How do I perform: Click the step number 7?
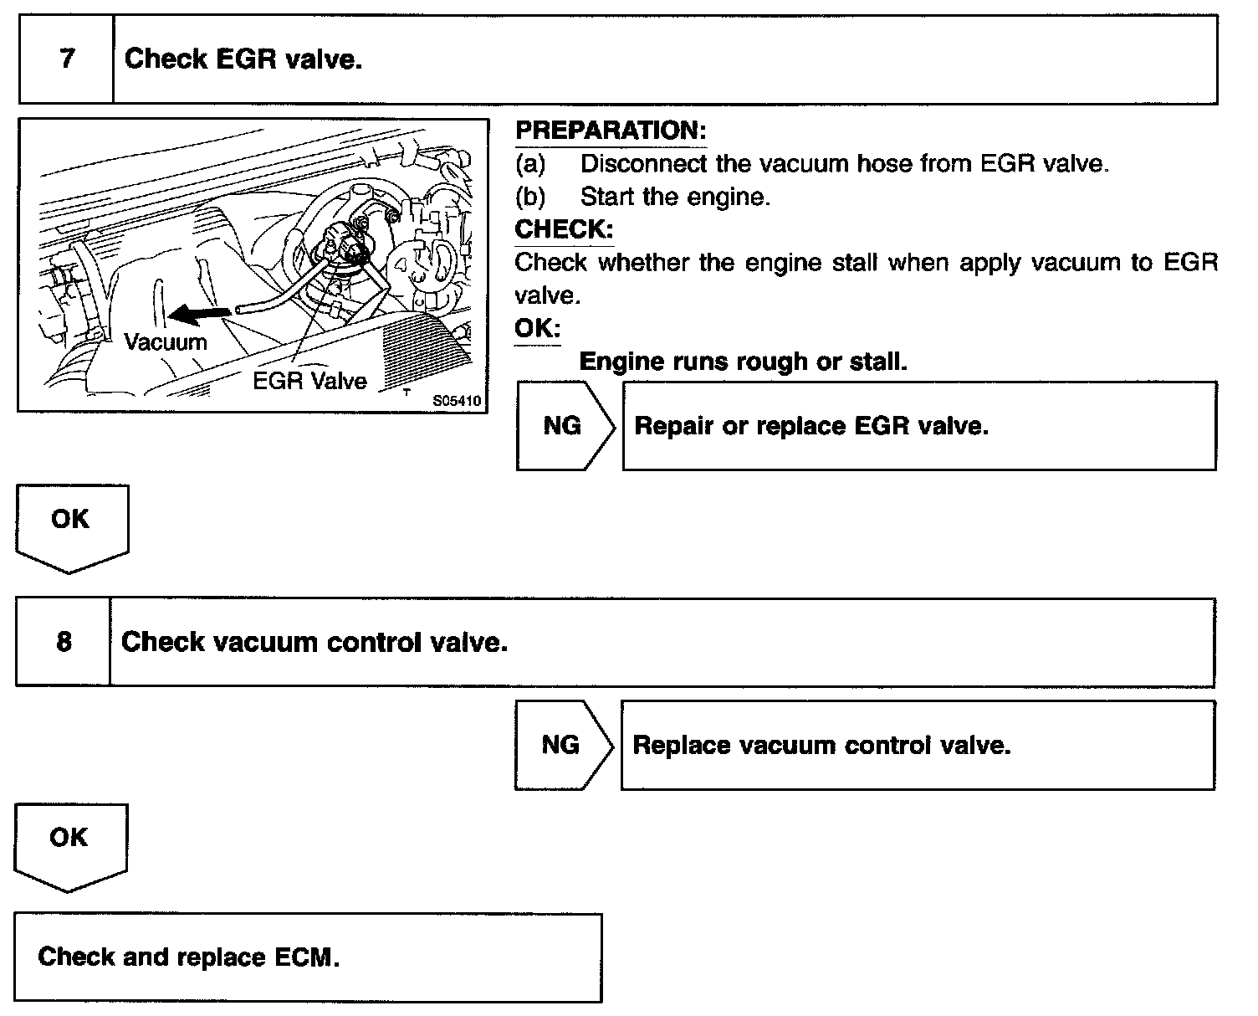coord(67,59)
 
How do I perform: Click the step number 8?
coord(64,642)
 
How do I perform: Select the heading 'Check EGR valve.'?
coord(243,59)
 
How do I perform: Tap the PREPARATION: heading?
coord(611,131)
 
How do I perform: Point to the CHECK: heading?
coord(564,229)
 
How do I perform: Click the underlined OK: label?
coord(537,328)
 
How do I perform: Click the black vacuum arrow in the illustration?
coord(200,314)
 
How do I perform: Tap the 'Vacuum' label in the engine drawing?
coord(165,341)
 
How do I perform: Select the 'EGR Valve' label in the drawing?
coord(309,381)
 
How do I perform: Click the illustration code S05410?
coord(457,401)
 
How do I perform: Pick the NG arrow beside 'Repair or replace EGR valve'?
coord(564,426)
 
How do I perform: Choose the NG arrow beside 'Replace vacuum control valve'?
coord(562,745)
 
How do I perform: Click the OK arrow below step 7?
coord(70,524)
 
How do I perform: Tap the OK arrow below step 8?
coord(69,842)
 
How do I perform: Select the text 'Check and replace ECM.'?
coord(189,957)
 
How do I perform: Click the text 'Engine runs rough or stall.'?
coord(743,362)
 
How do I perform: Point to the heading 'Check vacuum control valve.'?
coord(314,643)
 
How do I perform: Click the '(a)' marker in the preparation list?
coord(530,164)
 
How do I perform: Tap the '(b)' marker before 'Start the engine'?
coord(530,197)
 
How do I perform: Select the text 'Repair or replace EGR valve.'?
coord(811,426)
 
